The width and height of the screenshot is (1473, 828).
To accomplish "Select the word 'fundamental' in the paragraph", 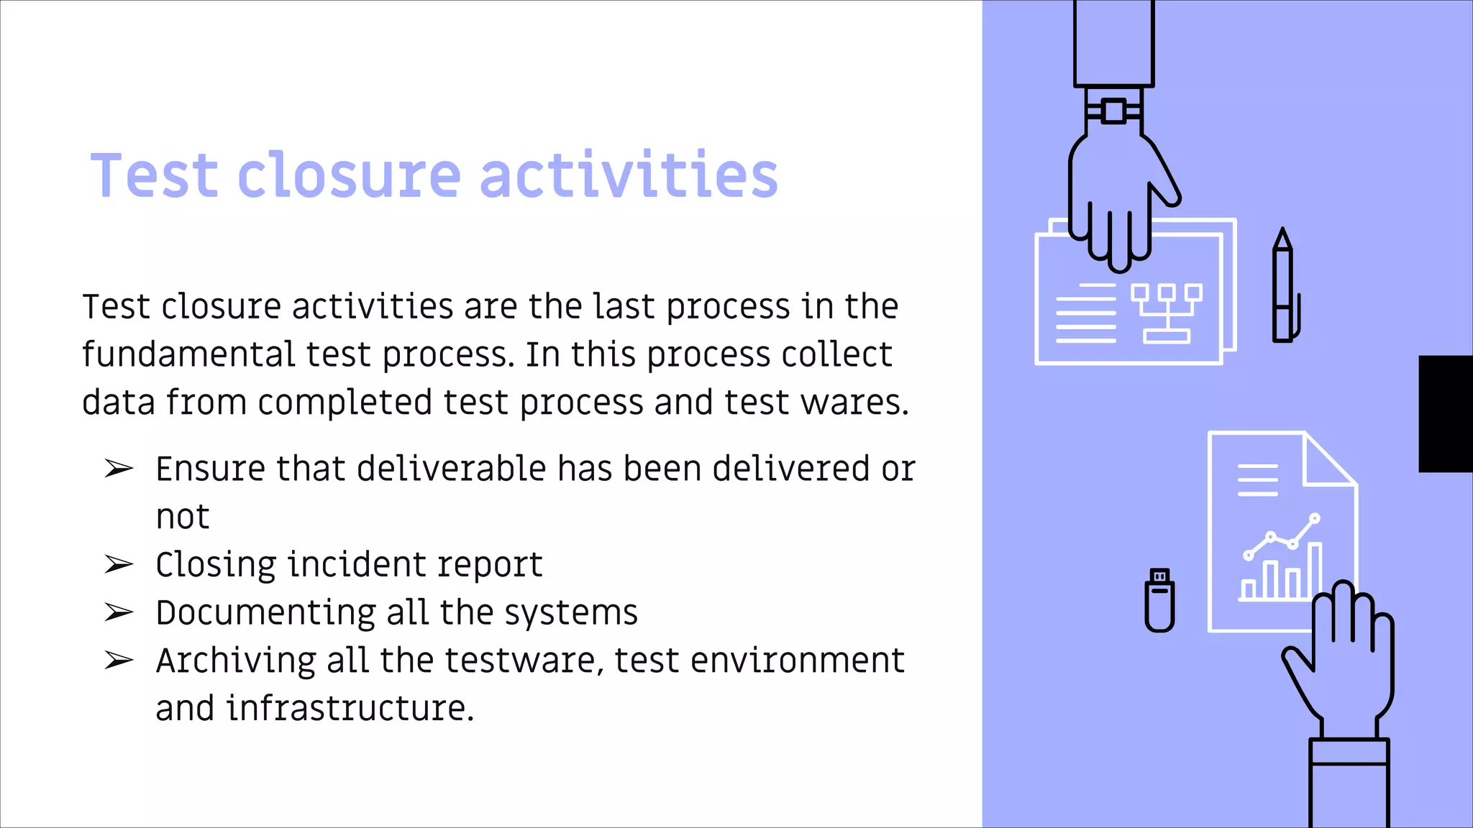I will tap(188, 354).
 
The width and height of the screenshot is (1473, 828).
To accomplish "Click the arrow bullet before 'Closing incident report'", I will tap(119, 565).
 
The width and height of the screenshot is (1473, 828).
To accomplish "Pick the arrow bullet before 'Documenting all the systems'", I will tap(119, 612).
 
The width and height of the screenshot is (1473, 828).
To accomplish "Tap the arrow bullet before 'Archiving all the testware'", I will tap(119, 660).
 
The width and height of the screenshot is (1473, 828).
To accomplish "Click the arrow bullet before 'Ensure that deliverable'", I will tap(119, 469).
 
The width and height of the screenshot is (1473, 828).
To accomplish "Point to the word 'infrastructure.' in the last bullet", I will tap(350, 708).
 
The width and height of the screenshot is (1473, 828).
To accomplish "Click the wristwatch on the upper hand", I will tap(1113, 111).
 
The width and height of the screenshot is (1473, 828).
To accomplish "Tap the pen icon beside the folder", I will tap(1284, 287).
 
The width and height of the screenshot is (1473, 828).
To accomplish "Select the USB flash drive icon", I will tap(1159, 601).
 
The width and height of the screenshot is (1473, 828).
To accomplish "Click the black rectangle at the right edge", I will tap(1446, 413).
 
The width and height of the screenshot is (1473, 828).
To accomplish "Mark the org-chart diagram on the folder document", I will tap(1166, 313).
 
